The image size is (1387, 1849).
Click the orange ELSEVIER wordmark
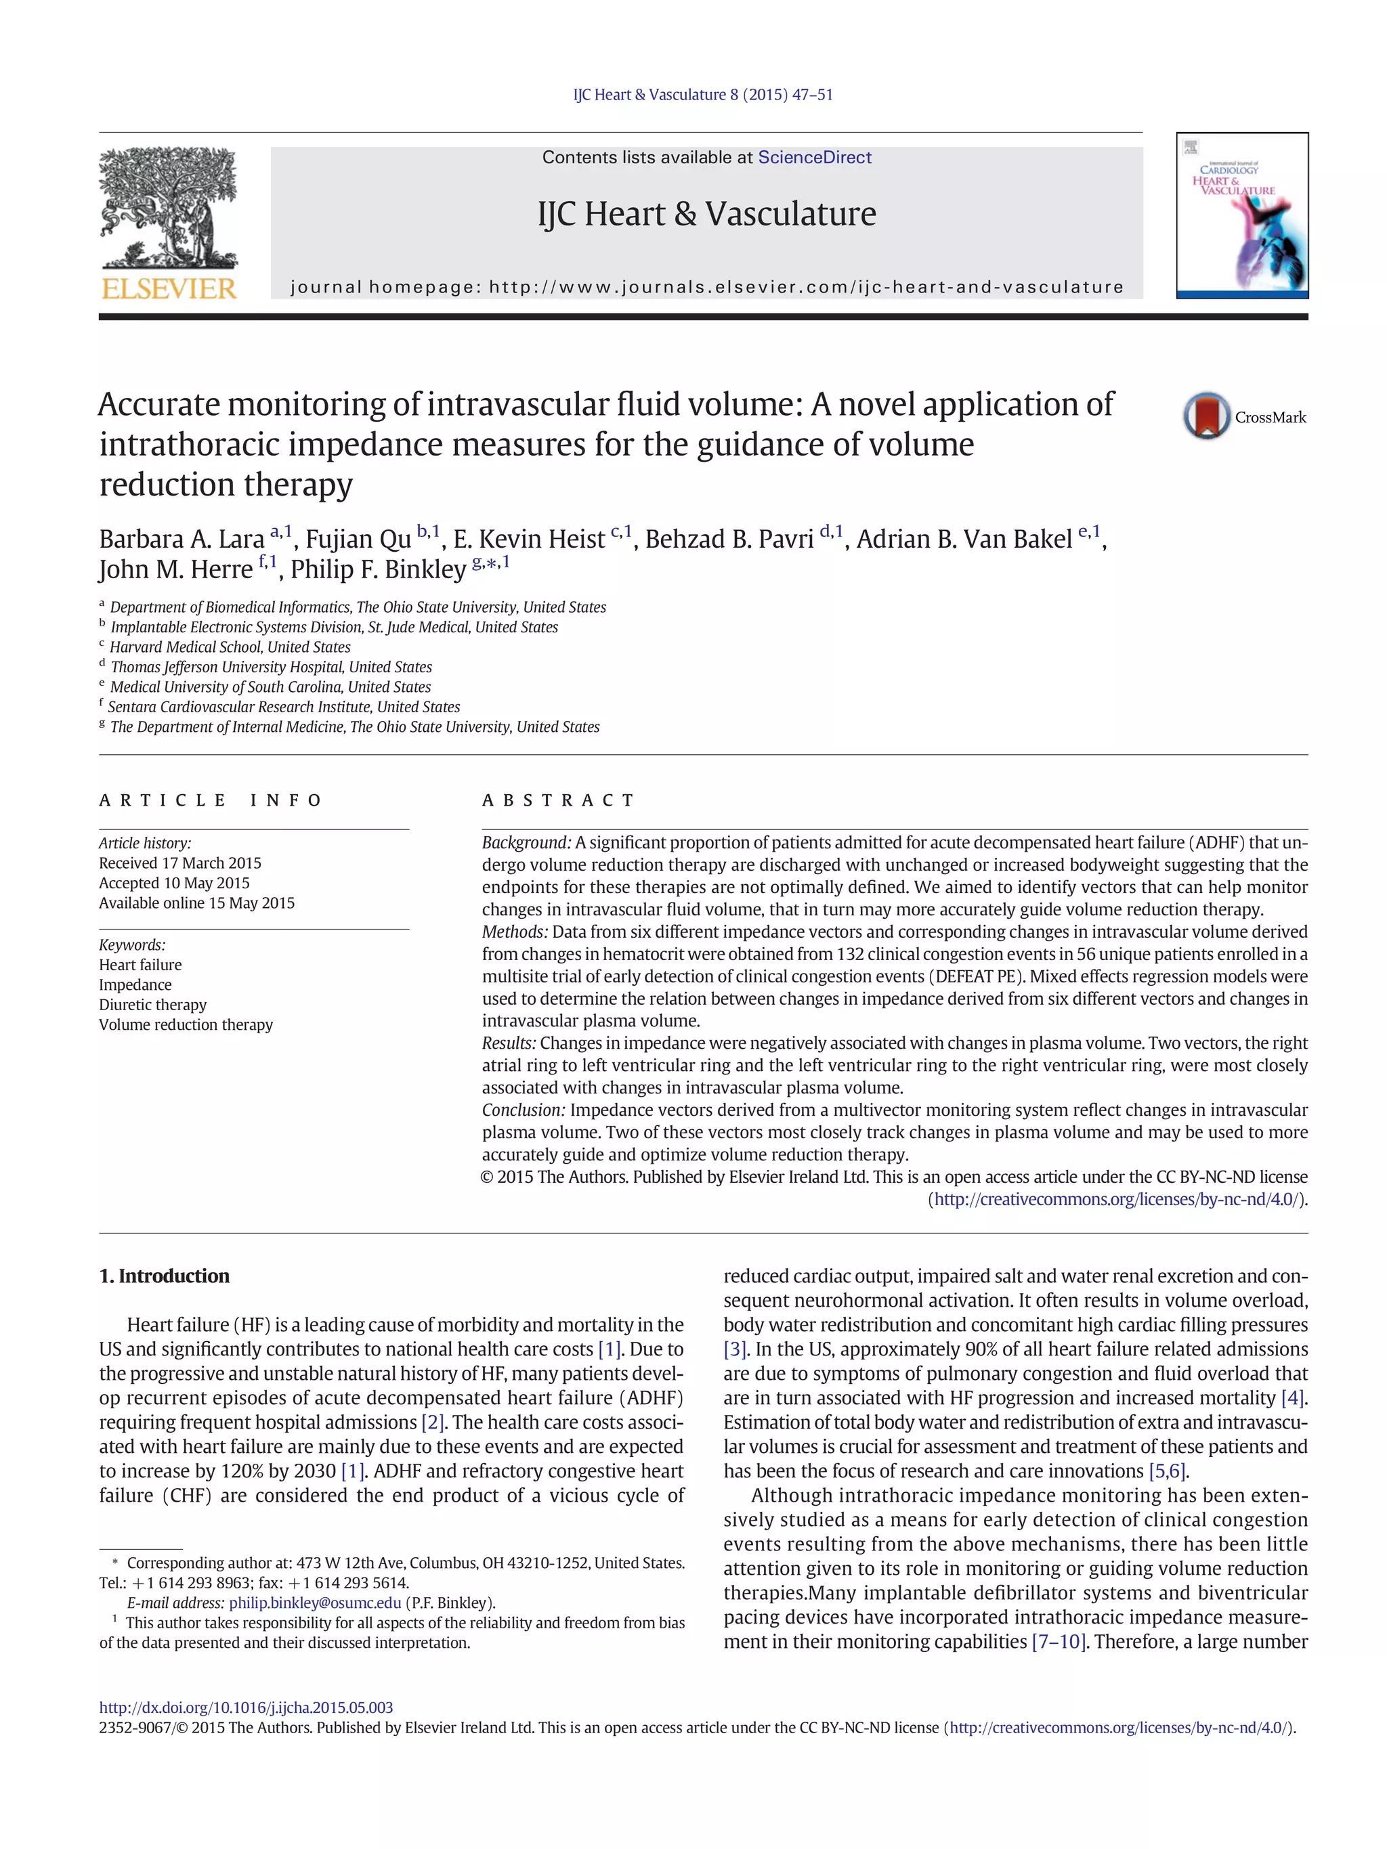click(x=169, y=288)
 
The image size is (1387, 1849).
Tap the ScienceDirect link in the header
click(x=813, y=157)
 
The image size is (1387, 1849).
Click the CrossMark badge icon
click(x=1205, y=416)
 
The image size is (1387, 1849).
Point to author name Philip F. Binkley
click(x=378, y=569)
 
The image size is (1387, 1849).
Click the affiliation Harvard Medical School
click(x=230, y=647)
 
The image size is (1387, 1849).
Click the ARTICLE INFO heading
click(x=210, y=800)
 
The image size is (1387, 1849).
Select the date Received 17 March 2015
click(x=179, y=863)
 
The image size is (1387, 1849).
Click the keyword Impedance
click(x=135, y=984)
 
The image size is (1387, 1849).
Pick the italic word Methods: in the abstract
click(x=514, y=931)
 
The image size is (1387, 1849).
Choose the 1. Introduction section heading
click(x=164, y=1276)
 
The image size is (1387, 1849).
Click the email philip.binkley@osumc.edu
click(x=314, y=1603)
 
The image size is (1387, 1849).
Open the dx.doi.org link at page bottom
click(x=246, y=1707)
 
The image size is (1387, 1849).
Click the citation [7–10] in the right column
click(x=1058, y=1642)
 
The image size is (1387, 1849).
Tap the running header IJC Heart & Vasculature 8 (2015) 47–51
click(x=702, y=95)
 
